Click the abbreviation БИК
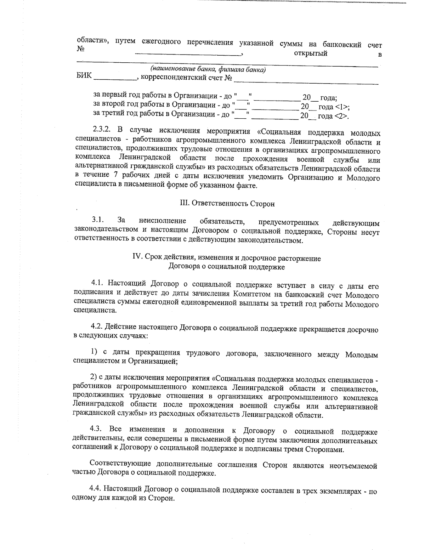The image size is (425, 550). tap(84, 76)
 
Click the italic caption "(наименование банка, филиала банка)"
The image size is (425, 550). tap(208, 69)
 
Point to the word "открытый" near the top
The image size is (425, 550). tap(311, 53)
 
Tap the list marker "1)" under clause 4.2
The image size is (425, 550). tap(94, 352)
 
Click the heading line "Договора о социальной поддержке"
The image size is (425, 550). tap(227, 267)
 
